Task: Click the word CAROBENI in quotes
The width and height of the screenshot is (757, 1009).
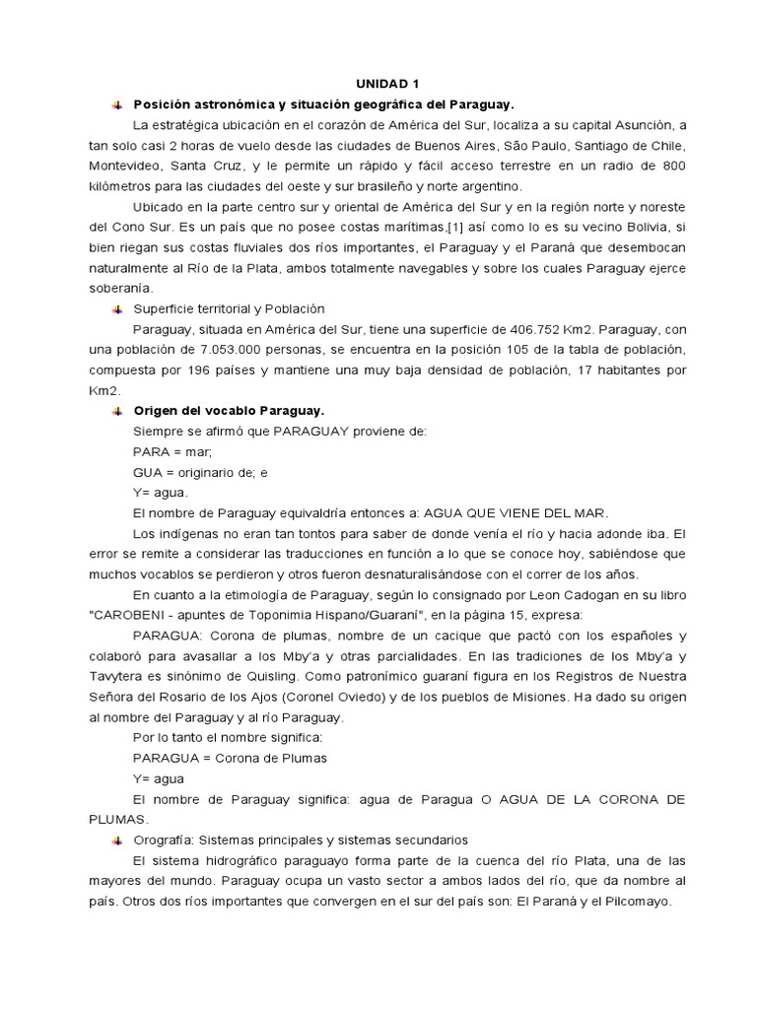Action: pos(125,616)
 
